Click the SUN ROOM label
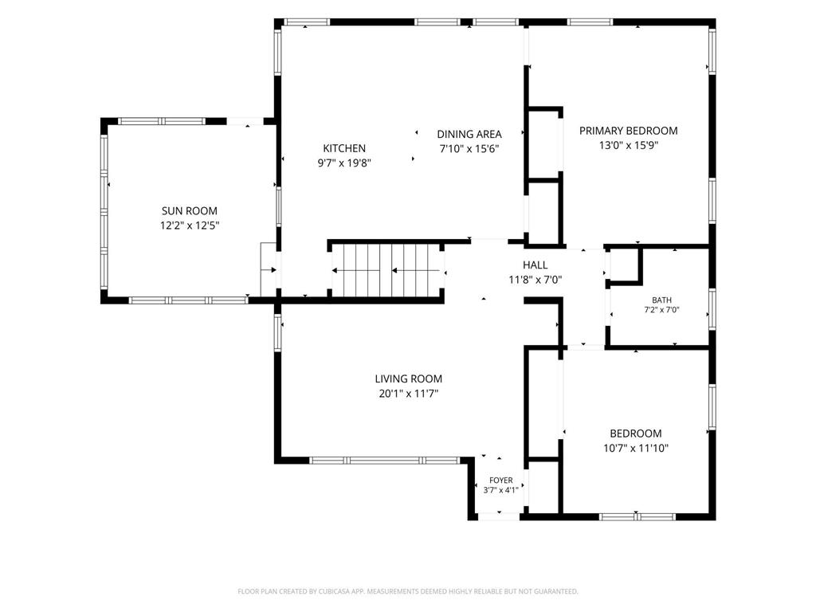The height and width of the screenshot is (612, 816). pos(190,210)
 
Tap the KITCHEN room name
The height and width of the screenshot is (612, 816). pos(344,148)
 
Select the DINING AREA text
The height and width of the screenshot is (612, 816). pos(469,134)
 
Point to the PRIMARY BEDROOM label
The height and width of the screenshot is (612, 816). pos(628,131)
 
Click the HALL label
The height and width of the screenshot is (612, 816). pos(535,265)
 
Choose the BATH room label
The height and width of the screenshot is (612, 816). pos(661,300)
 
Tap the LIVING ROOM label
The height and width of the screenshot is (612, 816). pos(409,379)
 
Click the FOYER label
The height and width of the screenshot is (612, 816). pos(500,481)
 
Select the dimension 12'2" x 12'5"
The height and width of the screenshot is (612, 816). pos(190,226)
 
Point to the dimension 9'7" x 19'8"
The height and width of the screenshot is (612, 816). pos(344,163)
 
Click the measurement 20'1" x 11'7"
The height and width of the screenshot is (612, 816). pos(409,394)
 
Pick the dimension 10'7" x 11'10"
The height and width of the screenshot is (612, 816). pos(635,448)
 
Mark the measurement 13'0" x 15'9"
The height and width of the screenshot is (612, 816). pos(628,145)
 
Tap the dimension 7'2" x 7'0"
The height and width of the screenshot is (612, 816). pos(661,310)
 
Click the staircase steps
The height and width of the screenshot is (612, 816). pos(388,271)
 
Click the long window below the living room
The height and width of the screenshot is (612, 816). pos(385,460)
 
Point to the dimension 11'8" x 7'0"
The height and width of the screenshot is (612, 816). pos(535,280)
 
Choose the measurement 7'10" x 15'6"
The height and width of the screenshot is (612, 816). pos(469,149)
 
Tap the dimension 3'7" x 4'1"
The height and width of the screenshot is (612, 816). pos(500,490)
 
